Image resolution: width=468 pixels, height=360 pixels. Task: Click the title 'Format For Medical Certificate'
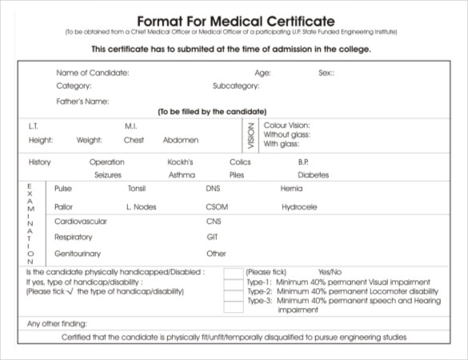[236, 19]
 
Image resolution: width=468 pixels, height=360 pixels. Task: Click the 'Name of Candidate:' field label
[92, 73]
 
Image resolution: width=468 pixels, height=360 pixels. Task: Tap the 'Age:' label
[262, 73]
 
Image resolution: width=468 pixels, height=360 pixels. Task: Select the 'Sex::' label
[326, 73]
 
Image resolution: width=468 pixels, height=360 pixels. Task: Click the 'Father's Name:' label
[82, 102]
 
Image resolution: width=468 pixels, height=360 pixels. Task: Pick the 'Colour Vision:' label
[286, 126]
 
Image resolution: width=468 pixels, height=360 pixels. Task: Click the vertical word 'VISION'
[251, 135]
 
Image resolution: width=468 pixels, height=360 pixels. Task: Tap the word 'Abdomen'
[181, 140]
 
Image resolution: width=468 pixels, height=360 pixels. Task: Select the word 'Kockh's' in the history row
[181, 162]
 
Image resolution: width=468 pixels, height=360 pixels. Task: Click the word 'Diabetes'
[314, 174]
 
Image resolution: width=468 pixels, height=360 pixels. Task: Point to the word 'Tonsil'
[137, 189]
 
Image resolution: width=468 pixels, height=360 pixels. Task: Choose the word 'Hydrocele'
[299, 207]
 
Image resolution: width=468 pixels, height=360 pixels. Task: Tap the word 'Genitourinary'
[78, 254]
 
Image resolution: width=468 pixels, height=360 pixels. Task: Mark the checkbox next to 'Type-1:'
[233, 283]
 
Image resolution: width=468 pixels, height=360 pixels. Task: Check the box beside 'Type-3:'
[233, 305]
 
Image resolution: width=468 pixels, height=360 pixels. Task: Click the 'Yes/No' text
[330, 272]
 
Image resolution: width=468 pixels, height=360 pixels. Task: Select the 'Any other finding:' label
[57, 324]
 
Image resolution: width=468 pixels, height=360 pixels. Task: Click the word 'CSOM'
[217, 207]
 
